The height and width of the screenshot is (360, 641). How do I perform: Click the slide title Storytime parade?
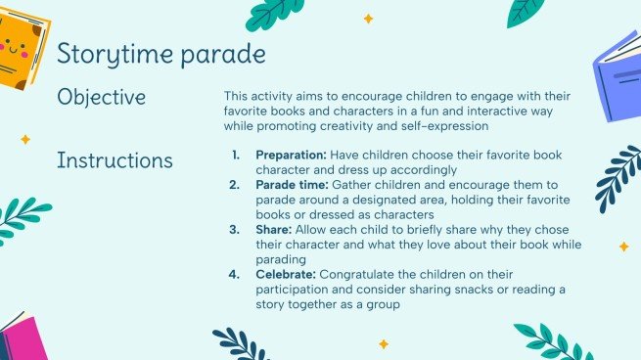coord(160,54)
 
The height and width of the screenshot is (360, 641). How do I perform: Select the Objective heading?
coord(102,98)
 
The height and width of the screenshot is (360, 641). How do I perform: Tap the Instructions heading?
coord(114,159)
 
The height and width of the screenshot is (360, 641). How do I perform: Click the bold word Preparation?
coord(291,155)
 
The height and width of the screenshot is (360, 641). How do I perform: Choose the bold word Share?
coord(276,231)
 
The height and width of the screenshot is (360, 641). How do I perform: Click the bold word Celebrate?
coord(286,275)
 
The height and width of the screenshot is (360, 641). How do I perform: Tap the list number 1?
coord(235,155)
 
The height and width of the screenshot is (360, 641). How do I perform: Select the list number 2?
coord(235,184)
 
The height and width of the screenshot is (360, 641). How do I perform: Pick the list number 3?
coord(235,231)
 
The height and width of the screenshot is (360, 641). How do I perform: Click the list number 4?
coord(235,275)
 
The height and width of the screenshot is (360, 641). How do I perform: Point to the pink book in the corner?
coord(22,338)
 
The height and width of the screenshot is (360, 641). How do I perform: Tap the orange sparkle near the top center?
coord(369,19)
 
